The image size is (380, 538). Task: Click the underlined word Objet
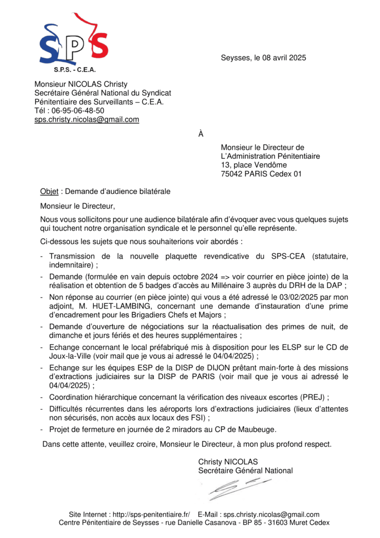49,191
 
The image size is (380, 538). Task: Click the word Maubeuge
251,429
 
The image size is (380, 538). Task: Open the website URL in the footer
152,514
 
